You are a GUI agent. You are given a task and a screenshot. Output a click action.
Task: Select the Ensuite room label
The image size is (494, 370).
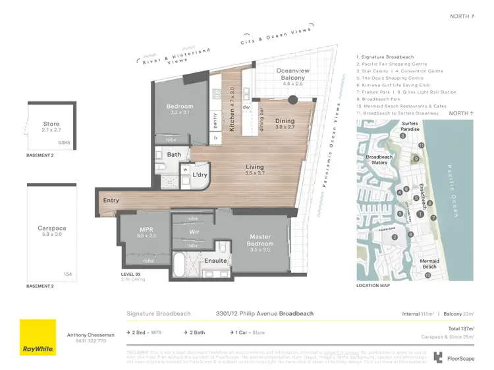[215, 261]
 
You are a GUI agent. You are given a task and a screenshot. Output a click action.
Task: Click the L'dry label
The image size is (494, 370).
[200, 175]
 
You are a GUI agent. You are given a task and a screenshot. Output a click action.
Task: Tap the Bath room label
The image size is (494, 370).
[174, 155]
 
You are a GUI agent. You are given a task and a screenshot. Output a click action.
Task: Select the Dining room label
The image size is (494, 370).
[285, 121]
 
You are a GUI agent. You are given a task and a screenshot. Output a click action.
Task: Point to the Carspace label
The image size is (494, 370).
[52, 228]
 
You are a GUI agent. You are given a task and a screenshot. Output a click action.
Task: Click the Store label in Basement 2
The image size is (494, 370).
[51, 123]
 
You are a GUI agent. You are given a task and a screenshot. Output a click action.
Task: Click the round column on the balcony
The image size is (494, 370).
[293, 101]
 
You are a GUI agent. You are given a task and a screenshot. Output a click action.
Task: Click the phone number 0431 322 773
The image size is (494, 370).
[85, 340]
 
